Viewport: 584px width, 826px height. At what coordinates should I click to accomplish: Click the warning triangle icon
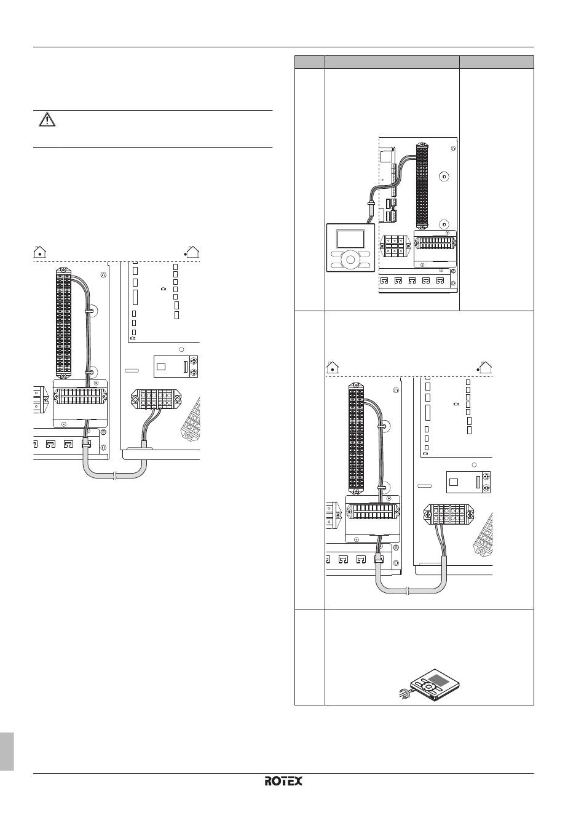coord(47,120)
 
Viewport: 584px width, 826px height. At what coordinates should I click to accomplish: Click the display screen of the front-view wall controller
coord(351,239)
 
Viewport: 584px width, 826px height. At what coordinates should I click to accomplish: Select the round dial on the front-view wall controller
coord(350,260)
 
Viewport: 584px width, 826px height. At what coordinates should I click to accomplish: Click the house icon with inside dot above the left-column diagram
coord(40,252)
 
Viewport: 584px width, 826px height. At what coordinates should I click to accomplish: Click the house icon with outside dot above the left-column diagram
coord(192,252)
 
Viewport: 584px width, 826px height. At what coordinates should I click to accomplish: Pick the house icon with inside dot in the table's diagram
coord(333,367)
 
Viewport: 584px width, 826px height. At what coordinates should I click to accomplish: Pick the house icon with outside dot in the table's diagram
coord(485,367)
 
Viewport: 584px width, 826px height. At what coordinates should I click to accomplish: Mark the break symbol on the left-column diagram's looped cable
coord(115,477)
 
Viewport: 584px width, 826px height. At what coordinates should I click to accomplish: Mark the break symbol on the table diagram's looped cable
coord(407,591)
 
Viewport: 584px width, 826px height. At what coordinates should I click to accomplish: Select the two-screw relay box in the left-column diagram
coord(176,367)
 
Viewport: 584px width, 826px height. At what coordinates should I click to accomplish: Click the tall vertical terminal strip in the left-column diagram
coord(63,324)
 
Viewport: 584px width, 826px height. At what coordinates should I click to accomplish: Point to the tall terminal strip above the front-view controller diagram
coord(422,185)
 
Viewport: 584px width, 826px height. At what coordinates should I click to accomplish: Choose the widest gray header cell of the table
coord(392,62)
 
